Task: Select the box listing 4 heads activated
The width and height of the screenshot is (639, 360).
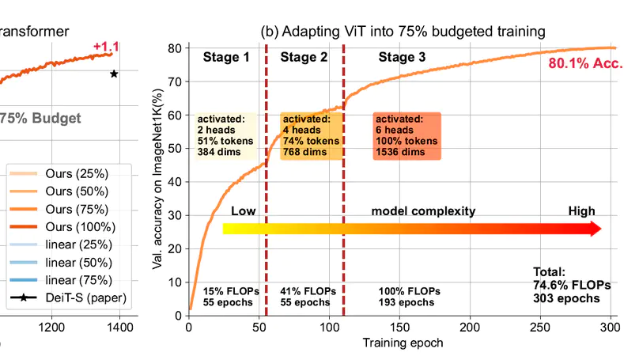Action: tap(311, 135)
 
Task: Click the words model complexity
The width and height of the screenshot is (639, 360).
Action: tap(424, 211)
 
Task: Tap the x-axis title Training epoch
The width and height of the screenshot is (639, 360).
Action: tap(402, 343)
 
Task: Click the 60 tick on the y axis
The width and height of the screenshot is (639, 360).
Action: tap(176, 115)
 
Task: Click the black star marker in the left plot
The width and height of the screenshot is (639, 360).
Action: tap(114, 74)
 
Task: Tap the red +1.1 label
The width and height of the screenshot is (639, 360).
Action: tap(106, 48)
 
